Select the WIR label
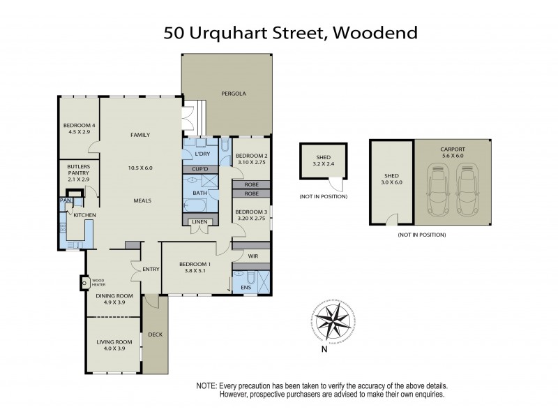coord(252,256)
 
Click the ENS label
coord(246,287)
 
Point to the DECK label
coord(156,335)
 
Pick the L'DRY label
coord(203,154)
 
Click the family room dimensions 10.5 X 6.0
coord(140,168)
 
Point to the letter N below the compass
coord(324,350)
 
